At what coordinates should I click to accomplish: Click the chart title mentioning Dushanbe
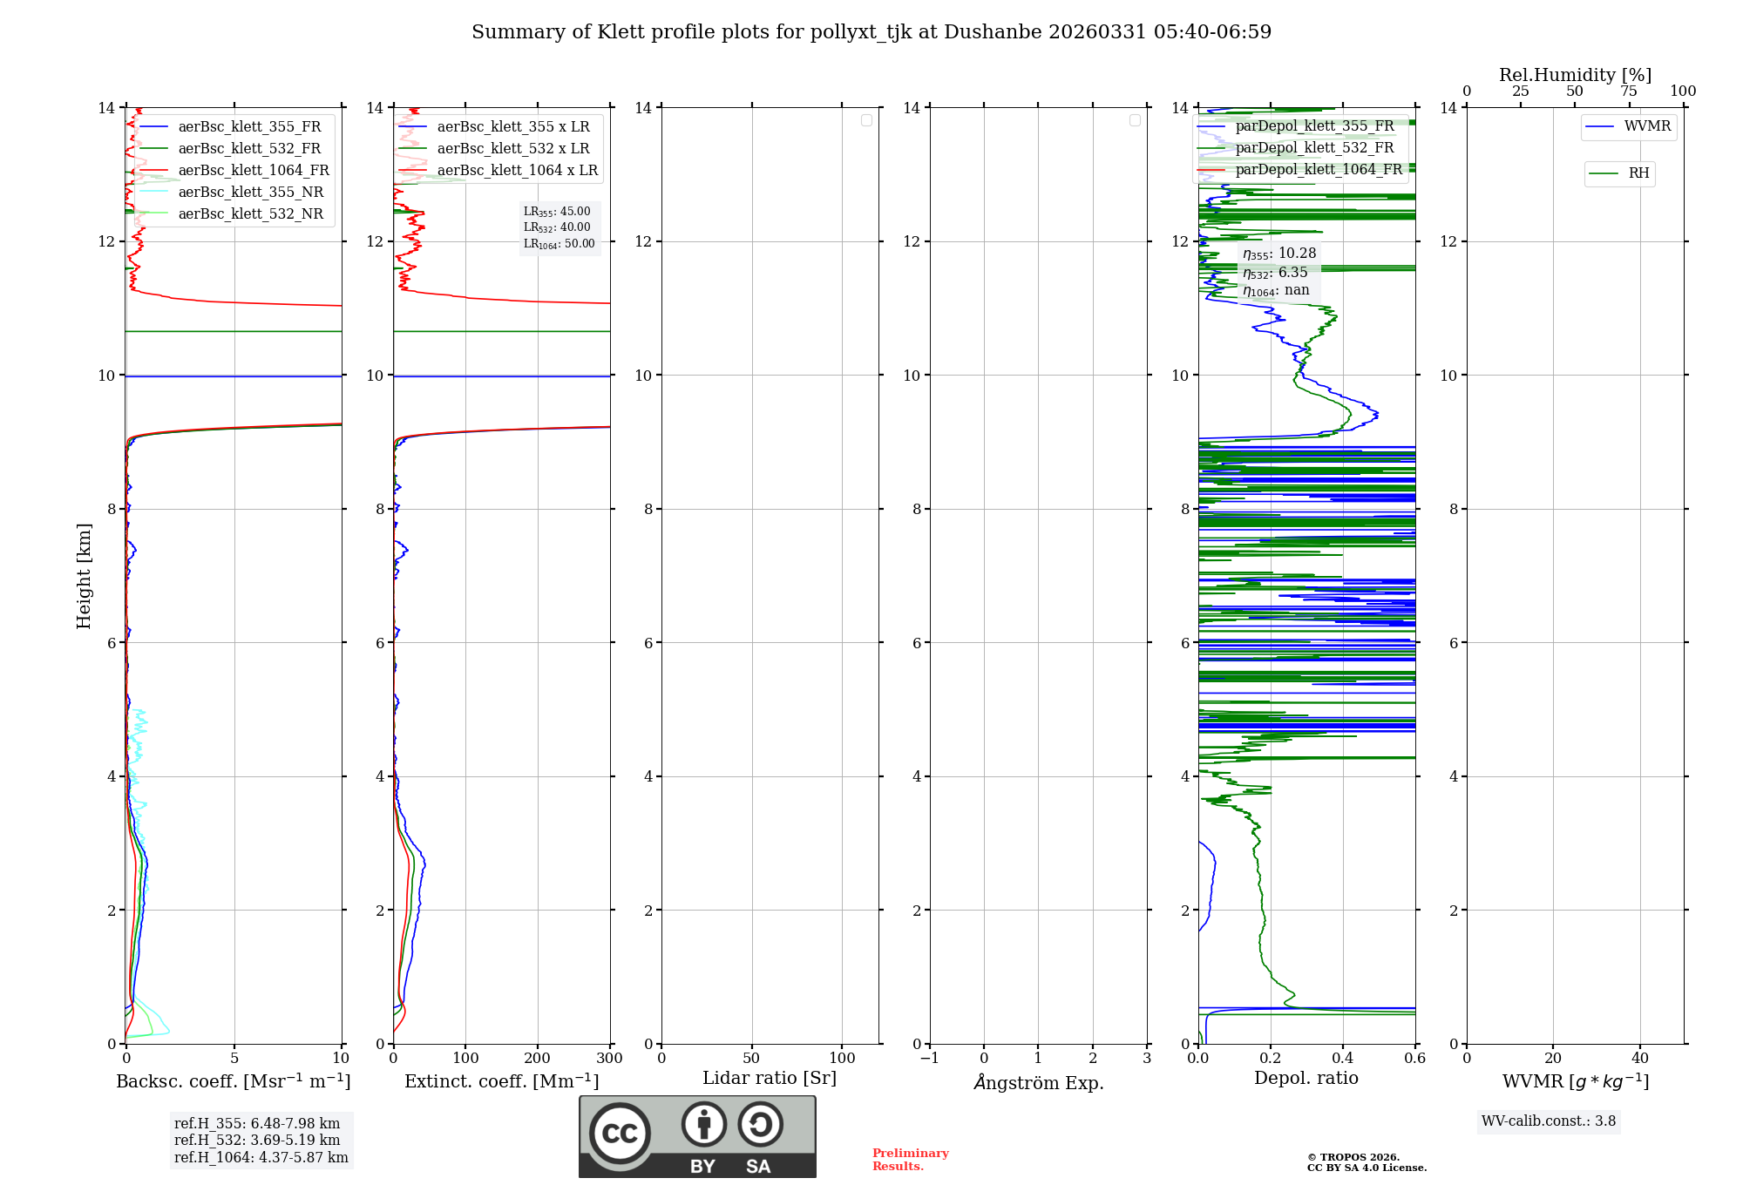point(871,32)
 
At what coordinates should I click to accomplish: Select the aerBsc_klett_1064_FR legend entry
point(254,171)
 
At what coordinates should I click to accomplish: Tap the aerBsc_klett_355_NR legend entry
point(250,193)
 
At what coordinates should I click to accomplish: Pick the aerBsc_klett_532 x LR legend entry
point(513,149)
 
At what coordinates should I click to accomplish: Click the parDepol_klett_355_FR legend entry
point(1314,126)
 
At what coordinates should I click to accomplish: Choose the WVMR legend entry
point(1647,126)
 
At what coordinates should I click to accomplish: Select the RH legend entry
point(1638,173)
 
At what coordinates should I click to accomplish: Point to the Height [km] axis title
point(84,576)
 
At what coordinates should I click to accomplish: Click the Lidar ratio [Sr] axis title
point(770,1079)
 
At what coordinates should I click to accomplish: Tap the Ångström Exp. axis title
point(1039,1082)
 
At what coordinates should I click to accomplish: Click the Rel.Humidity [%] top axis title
point(1575,75)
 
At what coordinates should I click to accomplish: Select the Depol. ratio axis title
point(1306,1079)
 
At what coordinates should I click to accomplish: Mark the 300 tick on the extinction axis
point(610,1059)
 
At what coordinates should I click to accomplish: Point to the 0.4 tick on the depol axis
point(1343,1059)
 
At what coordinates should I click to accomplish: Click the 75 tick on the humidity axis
point(1629,91)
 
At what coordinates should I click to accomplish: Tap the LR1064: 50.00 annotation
point(559,244)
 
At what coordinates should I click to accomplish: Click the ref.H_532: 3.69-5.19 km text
point(257,1141)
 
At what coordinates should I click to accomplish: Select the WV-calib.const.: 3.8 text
point(1549,1121)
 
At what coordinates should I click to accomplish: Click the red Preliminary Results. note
point(910,1160)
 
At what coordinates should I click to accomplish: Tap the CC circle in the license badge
point(620,1134)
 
